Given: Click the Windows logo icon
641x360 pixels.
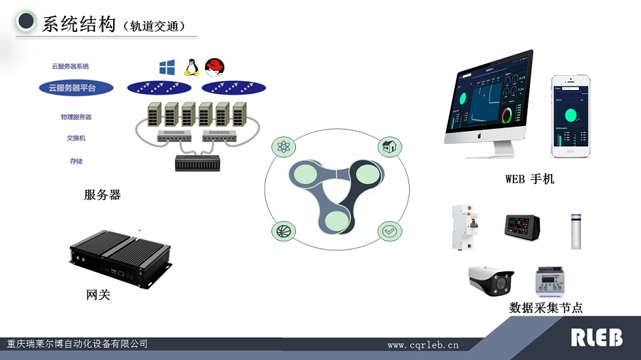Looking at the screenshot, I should point(167,67).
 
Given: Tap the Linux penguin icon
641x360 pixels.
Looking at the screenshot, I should point(191,67).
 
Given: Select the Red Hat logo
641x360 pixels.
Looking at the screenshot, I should point(215,67).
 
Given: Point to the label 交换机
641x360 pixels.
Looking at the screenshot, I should point(76,138).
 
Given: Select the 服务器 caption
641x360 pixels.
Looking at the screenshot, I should point(102,195).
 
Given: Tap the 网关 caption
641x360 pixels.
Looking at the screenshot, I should point(98,295).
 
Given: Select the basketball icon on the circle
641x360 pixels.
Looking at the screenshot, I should point(282,231).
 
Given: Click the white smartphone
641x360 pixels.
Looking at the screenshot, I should point(571,116).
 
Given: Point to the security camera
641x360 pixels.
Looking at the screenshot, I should point(490,280).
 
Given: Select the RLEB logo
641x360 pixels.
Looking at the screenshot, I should point(596,337).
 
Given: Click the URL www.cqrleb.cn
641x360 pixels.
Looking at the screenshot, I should point(423,345).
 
